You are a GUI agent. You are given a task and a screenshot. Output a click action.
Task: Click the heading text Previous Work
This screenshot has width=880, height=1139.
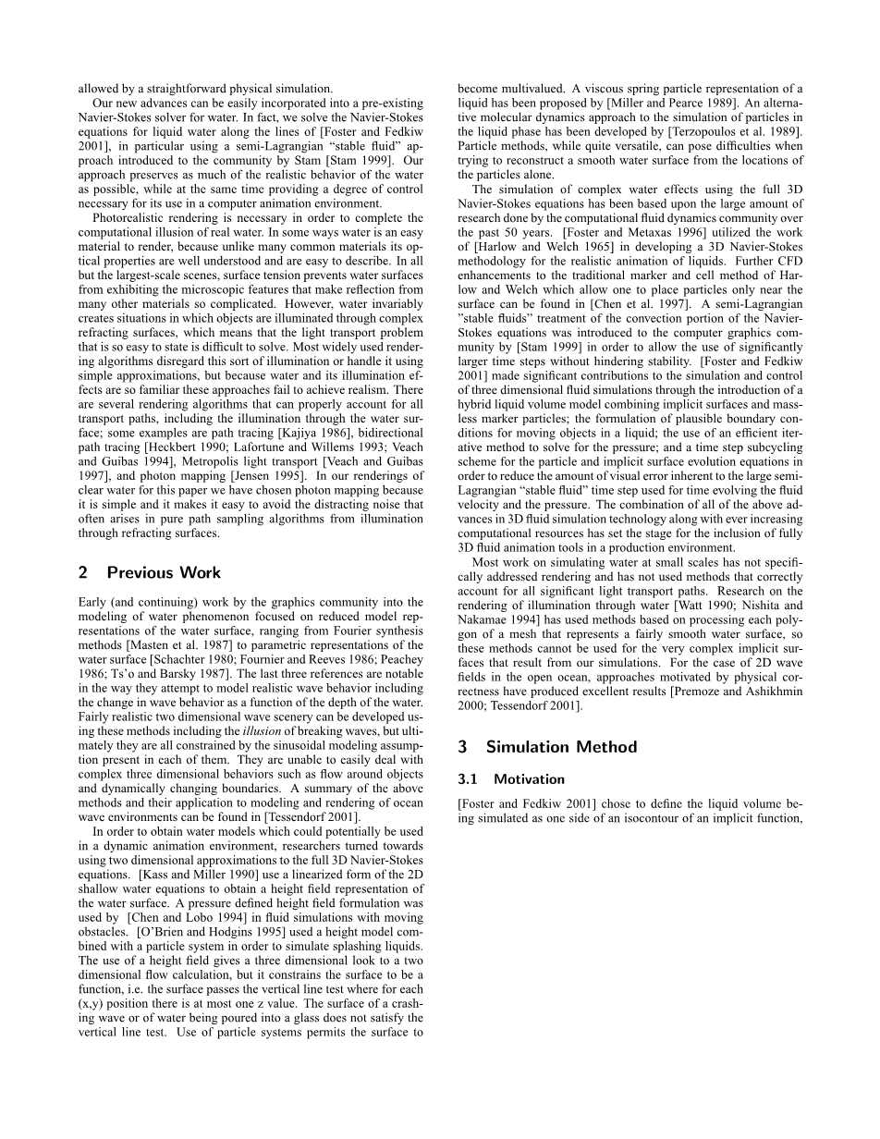[x=164, y=572]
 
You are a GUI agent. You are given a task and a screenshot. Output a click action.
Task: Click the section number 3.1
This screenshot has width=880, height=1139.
[x=469, y=778]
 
